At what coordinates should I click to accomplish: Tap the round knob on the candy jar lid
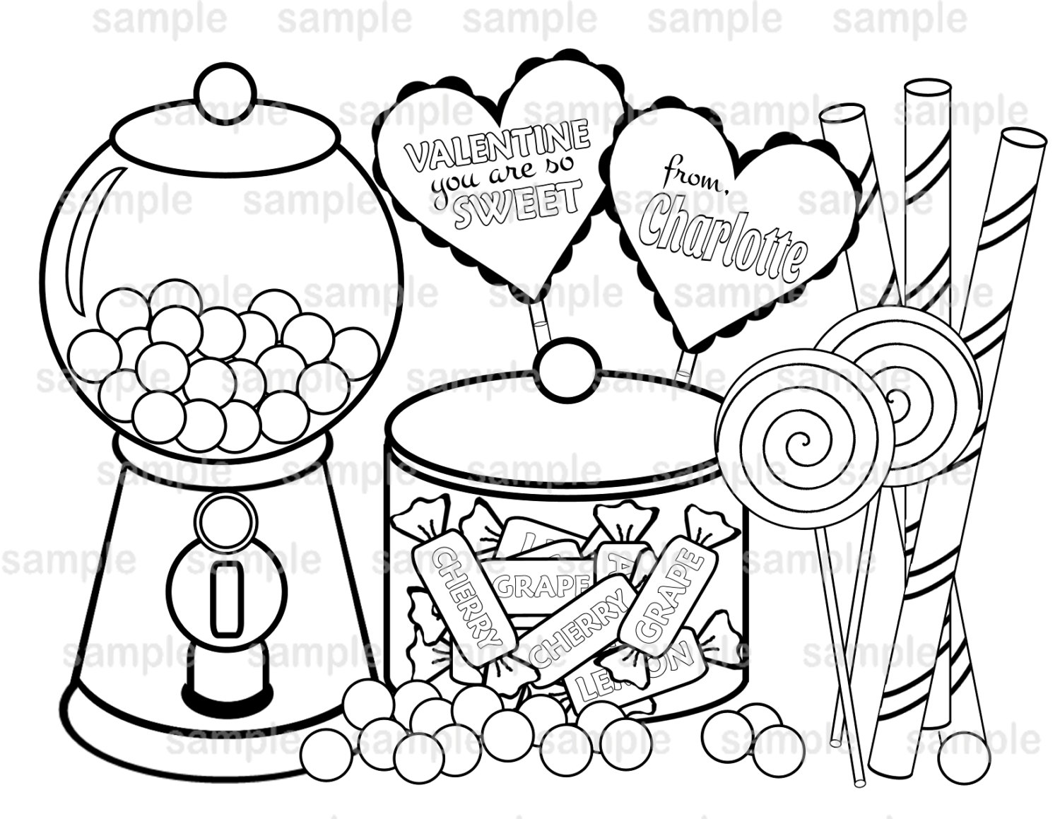pyautogui.click(x=564, y=362)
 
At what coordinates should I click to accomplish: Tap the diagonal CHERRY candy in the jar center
pyautogui.click(x=581, y=629)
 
